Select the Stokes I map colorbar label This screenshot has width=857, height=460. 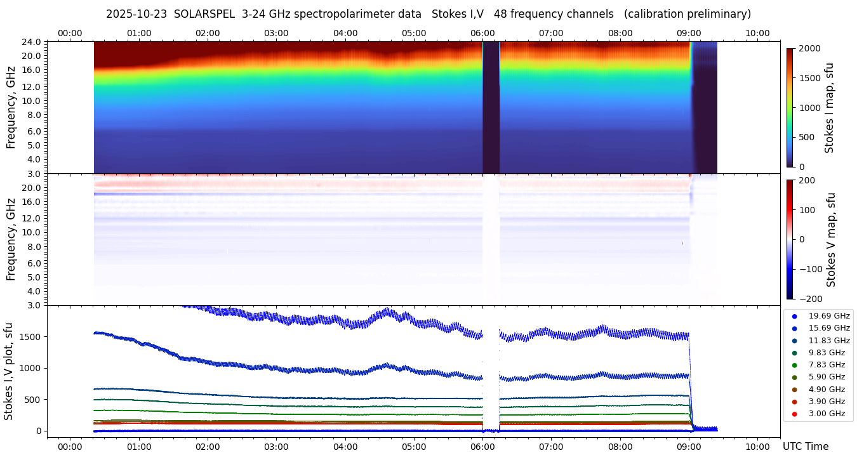pyautogui.click(x=829, y=108)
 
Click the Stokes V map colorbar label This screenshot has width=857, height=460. pyautogui.click(x=832, y=240)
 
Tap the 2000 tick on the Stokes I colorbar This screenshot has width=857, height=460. pyautogui.click(x=809, y=48)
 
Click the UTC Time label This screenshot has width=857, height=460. pyautogui.click(x=805, y=447)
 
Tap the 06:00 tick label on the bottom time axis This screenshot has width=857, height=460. pyautogui.click(x=482, y=447)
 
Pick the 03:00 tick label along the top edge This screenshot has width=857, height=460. pyautogui.click(x=276, y=33)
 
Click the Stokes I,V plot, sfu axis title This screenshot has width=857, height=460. pyautogui.click(x=9, y=371)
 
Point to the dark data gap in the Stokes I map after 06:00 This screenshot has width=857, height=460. pyautogui.click(x=491, y=108)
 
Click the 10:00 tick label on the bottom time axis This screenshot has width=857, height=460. pyautogui.click(x=757, y=447)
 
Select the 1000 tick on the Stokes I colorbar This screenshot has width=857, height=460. pyautogui.click(x=809, y=108)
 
